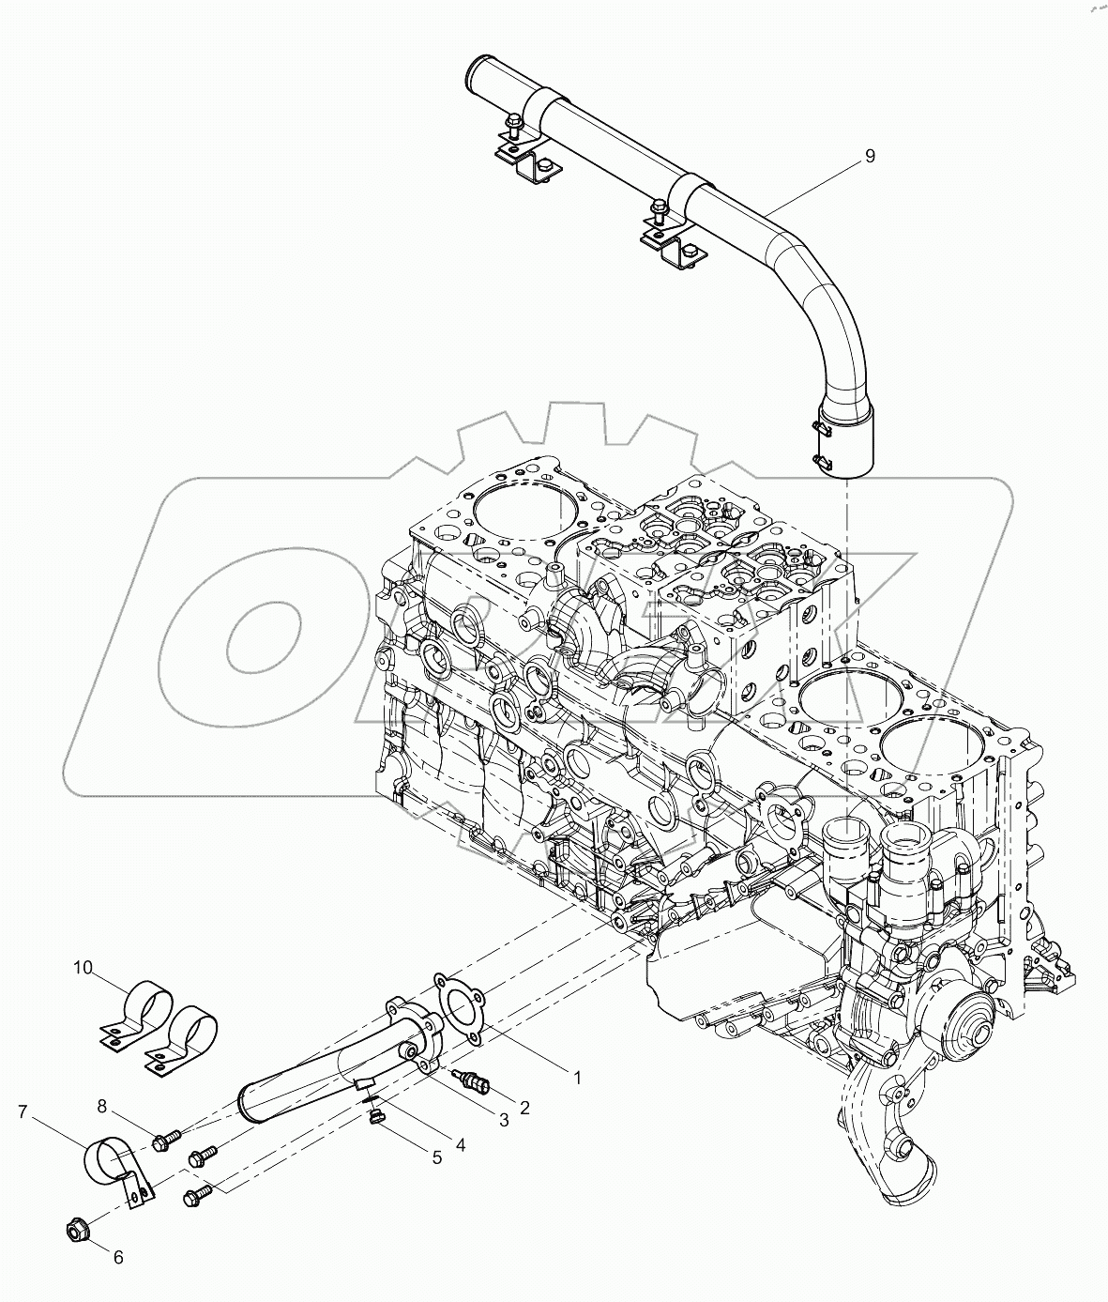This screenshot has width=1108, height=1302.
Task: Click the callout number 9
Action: (869, 156)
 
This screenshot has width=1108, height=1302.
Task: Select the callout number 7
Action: (23, 1113)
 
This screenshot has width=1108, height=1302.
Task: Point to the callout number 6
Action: (117, 1256)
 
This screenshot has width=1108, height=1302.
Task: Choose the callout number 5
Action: (436, 1157)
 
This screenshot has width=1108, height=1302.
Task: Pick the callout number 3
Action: (503, 1119)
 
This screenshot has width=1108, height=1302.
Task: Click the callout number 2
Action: (524, 1108)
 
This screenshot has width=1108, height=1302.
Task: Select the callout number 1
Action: (578, 1078)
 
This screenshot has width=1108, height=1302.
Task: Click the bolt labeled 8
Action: (164, 1141)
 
